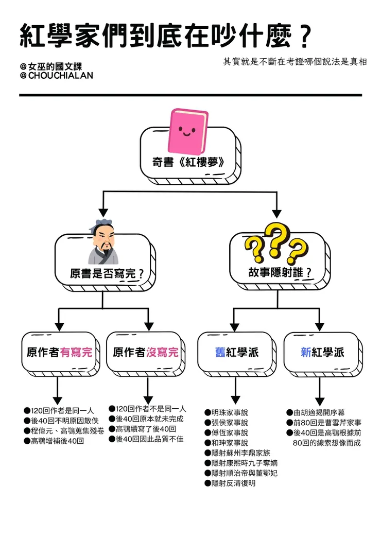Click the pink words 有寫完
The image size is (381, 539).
76,353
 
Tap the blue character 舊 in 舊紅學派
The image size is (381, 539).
220,353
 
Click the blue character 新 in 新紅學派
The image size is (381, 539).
306,353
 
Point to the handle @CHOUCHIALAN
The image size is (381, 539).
57,76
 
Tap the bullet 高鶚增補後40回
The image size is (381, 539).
57,441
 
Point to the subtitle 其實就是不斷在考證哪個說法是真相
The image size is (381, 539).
295,61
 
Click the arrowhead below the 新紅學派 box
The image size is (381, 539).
320,401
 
